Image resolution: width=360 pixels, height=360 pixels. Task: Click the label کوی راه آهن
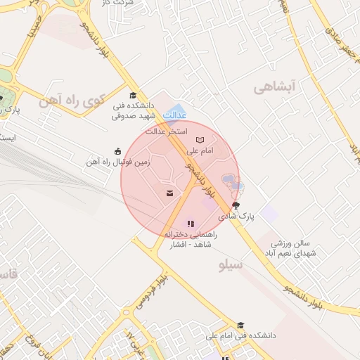74,101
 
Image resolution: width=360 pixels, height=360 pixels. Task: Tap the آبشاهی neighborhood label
278,87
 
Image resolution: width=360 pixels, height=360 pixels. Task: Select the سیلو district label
231,265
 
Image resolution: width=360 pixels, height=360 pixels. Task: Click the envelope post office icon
169,193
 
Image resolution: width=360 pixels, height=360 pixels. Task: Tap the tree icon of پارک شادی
235,206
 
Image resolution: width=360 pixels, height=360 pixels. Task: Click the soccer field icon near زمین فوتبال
117,150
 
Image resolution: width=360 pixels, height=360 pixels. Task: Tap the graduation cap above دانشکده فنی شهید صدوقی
132,96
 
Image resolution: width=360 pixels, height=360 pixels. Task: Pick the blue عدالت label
174,114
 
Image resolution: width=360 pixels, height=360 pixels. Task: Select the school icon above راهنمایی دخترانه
190,223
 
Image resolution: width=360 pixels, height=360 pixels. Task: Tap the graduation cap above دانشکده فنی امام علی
240,325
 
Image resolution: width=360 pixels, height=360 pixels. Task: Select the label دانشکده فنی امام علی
240,336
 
